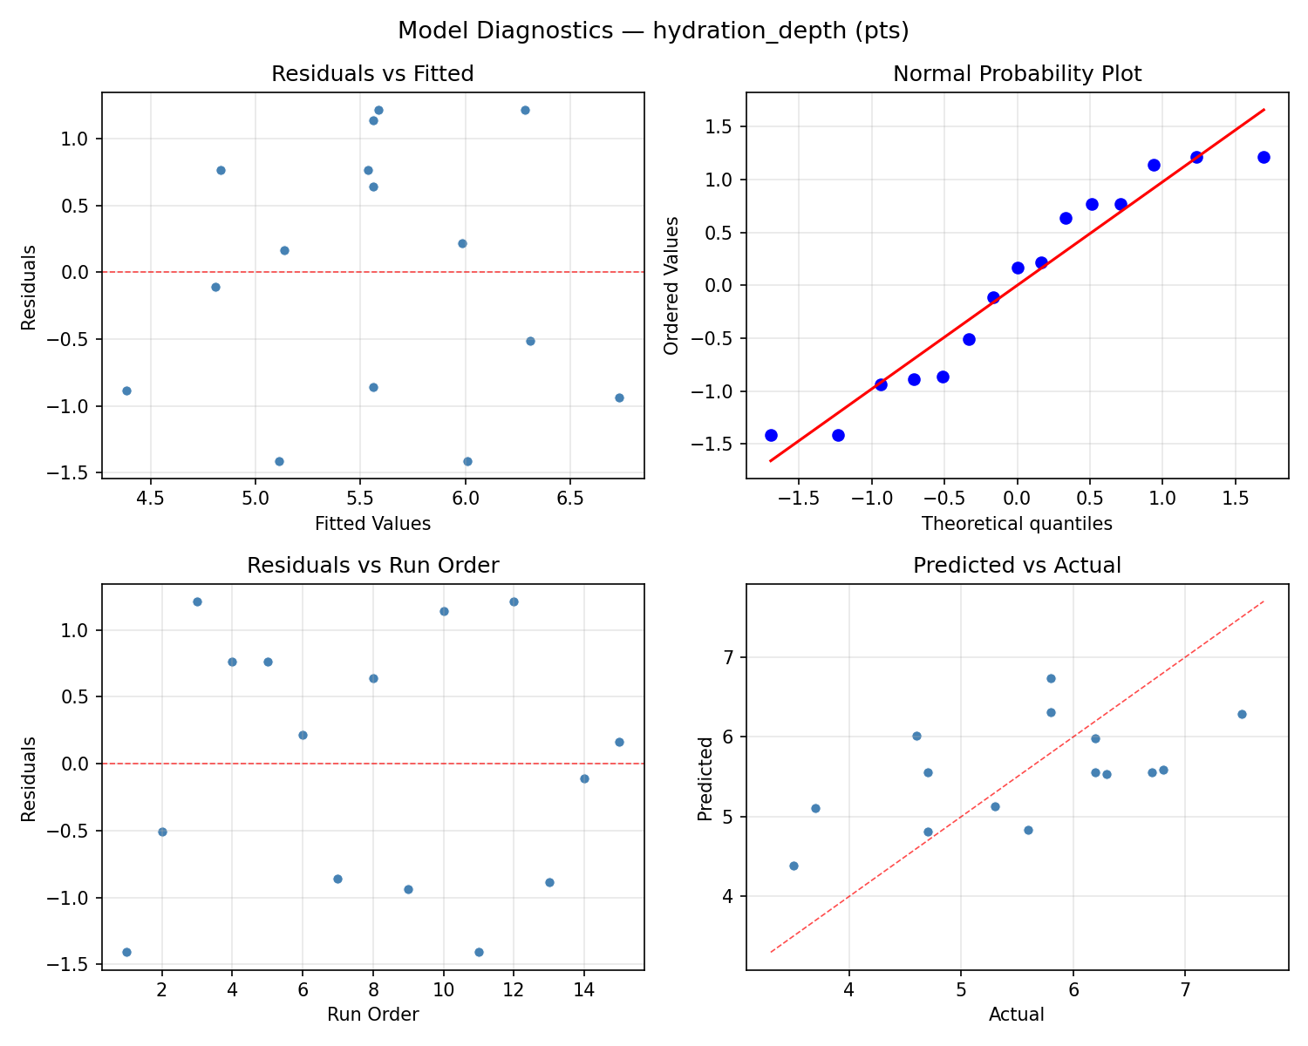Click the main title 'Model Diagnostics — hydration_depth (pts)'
(x=653, y=31)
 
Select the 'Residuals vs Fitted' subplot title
(x=372, y=74)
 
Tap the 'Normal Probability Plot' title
(x=1017, y=74)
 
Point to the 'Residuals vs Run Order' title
(x=372, y=566)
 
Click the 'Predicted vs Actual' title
(x=1017, y=566)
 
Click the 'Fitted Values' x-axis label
(x=372, y=524)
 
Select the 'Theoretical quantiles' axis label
(x=1017, y=524)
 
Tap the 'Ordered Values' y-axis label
(x=671, y=285)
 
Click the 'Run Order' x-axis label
(x=372, y=1015)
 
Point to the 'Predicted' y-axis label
(x=705, y=777)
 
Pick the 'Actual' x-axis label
(x=1017, y=1015)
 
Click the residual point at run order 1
(x=126, y=952)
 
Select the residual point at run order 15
(x=619, y=742)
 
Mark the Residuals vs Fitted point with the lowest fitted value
(x=126, y=391)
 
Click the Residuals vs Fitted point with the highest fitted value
(x=619, y=397)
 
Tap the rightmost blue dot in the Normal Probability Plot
(x=1264, y=157)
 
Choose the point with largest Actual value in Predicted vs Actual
(x=1242, y=714)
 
